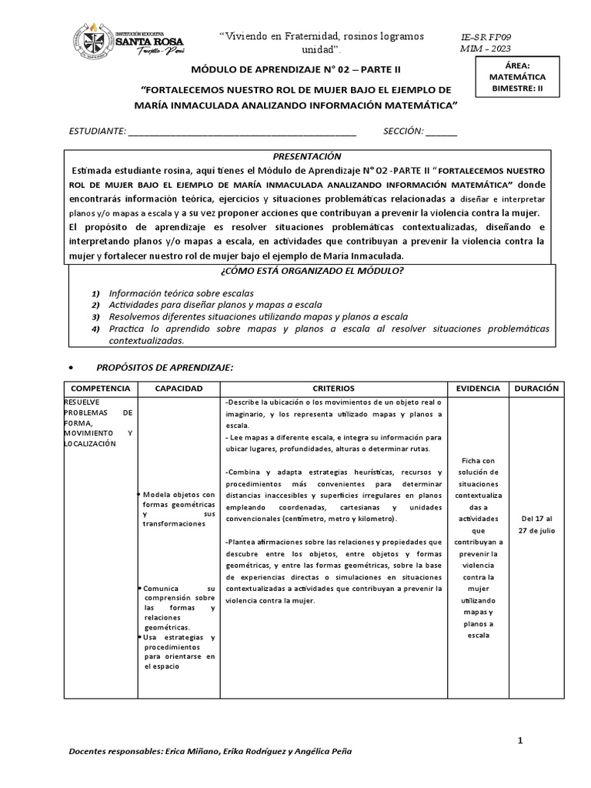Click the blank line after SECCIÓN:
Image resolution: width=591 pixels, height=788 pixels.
(x=441, y=132)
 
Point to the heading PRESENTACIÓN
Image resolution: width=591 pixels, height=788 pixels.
(x=306, y=156)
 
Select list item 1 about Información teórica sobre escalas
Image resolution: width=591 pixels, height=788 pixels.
(x=181, y=294)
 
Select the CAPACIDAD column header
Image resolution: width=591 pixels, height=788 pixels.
(x=178, y=389)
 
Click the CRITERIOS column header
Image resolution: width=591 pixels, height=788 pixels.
(x=333, y=389)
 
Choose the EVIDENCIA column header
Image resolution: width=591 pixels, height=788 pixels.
(x=478, y=389)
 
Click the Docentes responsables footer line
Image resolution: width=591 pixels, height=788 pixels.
(x=212, y=750)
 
